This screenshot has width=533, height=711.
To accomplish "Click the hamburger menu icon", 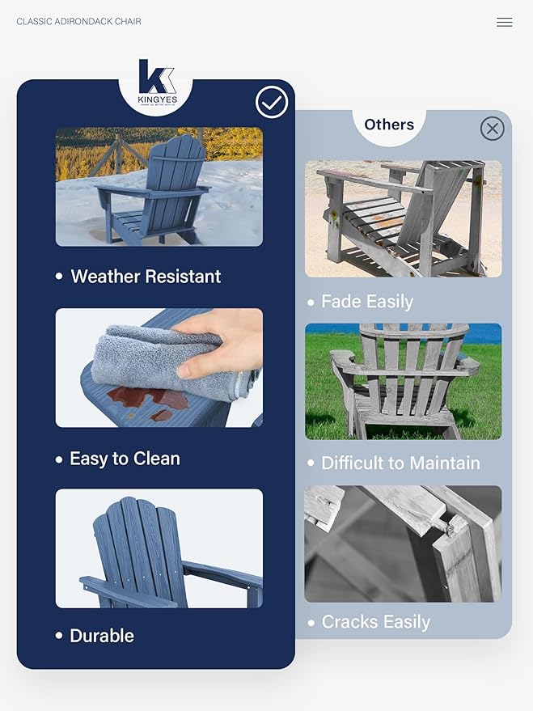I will pos(504,23).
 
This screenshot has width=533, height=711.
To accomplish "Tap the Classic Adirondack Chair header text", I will pos(78,21).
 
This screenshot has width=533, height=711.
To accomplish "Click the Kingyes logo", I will pos(156,83).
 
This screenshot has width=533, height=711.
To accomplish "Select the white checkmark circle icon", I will pos(272,103).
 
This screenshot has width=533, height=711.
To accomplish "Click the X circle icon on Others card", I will pos(492,129).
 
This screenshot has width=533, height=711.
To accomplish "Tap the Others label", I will pos(389,125).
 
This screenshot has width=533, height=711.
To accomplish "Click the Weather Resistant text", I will pos(146,277).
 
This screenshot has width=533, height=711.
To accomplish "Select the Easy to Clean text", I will pos(125,459).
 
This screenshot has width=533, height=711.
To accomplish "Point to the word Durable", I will pos(102,636).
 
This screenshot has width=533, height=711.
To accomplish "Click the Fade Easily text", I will pos(367,302).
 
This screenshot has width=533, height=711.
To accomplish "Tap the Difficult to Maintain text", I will pos(400,463).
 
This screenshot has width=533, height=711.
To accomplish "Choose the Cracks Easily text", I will pos(375,622).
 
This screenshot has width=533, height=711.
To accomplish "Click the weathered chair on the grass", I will pos(404,380).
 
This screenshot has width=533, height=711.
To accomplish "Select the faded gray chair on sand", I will pos(400,217).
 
